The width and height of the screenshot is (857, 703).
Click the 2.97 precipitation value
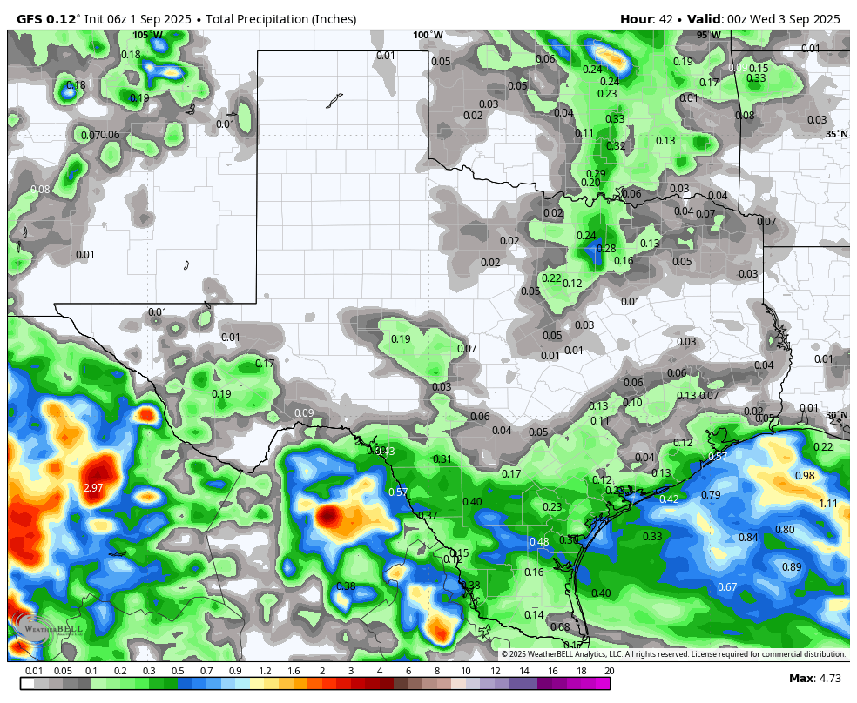[x=93, y=488]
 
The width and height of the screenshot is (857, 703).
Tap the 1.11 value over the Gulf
[x=828, y=504]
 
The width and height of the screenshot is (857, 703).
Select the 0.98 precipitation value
[x=805, y=476]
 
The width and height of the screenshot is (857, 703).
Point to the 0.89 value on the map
[x=792, y=567]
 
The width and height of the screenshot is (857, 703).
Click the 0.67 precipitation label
[x=727, y=587]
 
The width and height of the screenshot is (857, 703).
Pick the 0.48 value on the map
[x=539, y=542]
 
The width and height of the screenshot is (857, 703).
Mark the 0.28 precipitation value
[x=606, y=249]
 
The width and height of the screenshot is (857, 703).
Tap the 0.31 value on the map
[x=442, y=459]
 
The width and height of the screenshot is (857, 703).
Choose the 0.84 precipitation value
[x=748, y=538]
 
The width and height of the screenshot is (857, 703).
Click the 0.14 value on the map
[x=534, y=615]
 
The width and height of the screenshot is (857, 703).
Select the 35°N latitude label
[x=836, y=134]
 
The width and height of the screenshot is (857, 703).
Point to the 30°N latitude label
[x=836, y=416]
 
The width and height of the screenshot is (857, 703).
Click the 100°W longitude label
[x=428, y=36]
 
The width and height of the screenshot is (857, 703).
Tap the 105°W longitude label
[x=147, y=36]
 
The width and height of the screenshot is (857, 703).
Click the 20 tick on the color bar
[x=609, y=671]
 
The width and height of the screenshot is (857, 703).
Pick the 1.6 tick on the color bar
[x=294, y=671]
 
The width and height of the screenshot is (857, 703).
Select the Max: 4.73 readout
[x=814, y=679]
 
